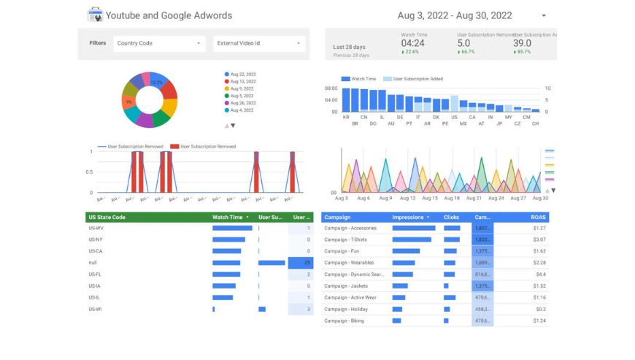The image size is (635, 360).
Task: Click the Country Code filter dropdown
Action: click(158, 43)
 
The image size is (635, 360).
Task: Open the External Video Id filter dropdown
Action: click(258, 43)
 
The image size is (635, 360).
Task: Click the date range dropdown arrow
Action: click(544, 15)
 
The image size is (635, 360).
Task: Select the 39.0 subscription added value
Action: click(522, 43)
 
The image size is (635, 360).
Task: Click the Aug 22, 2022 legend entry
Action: click(242, 74)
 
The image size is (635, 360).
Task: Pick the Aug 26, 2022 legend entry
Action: click(242, 103)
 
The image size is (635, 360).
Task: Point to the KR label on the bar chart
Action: click(346, 117)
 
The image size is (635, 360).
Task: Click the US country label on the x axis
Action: click(454, 117)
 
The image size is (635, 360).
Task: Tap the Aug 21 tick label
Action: click(474, 198)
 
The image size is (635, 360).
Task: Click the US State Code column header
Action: click(107, 217)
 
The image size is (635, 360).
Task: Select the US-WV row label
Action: click(96, 228)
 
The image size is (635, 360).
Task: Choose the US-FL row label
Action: click(96, 275)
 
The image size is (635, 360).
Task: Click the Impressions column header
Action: click(408, 217)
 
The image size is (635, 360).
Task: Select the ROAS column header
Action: click(538, 217)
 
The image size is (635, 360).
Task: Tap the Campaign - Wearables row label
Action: click(349, 263)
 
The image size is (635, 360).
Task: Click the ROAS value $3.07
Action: click(539, 240)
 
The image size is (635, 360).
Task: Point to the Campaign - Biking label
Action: click(345, 321)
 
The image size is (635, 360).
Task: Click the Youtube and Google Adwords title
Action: click(169, 15)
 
